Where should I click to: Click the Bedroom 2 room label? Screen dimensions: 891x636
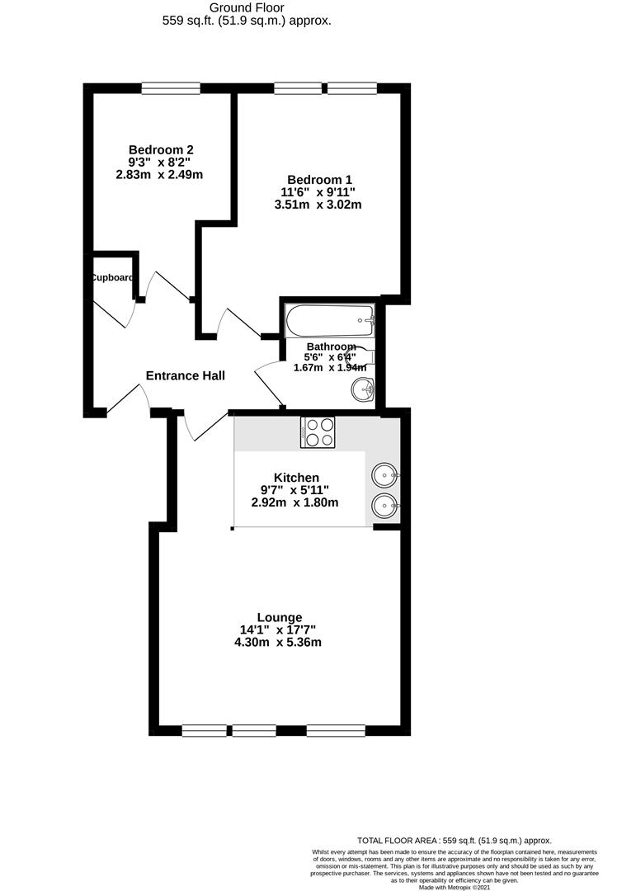coord(160,149)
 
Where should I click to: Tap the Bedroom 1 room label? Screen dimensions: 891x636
coord(319,180)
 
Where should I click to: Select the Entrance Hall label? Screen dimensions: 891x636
coord(186,375)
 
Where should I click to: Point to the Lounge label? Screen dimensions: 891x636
coord(279,617)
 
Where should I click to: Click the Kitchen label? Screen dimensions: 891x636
coord(296,477)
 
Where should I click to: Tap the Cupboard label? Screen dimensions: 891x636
coord(112,278)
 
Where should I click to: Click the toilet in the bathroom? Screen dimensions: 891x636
coord(363,355)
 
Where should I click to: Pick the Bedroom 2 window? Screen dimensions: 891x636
coord(171,87)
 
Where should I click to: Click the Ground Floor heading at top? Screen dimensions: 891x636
coord(247,7)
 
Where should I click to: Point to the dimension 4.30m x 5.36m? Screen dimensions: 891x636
coord(278,643)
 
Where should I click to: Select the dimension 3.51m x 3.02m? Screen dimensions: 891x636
coord(318,205)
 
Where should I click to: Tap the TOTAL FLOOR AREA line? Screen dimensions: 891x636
coord(454,840)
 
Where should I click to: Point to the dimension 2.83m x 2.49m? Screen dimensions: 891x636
coord(160,174)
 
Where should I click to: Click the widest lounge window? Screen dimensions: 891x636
coord(336,729)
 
